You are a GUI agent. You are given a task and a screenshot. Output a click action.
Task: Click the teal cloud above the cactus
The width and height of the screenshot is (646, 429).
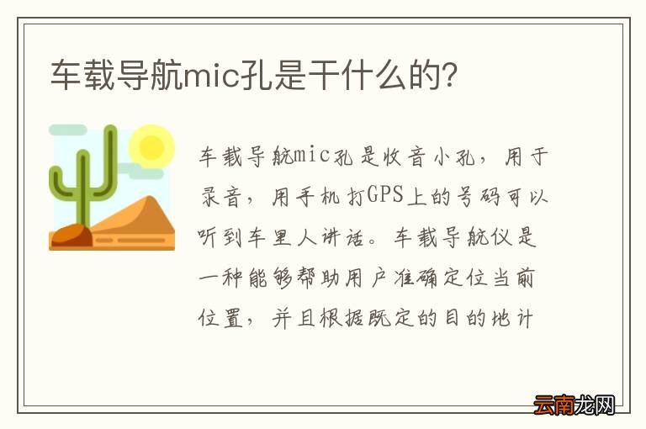coord(67,130)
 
